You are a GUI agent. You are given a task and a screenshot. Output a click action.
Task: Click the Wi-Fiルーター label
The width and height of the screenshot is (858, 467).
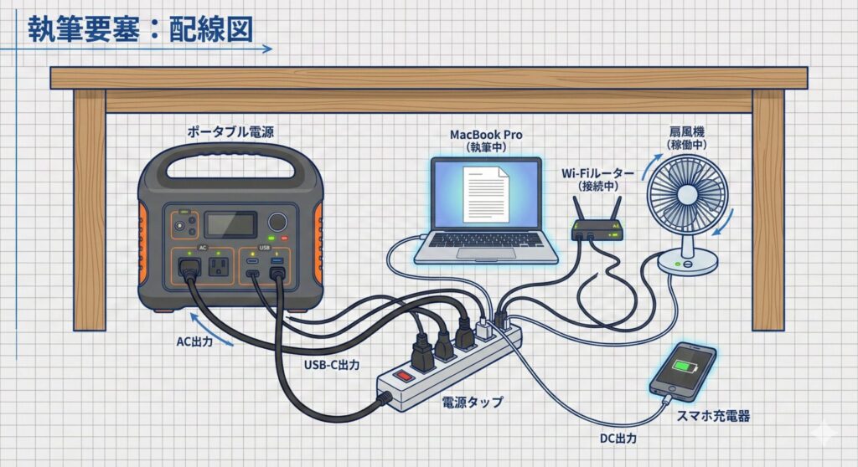(593, 173)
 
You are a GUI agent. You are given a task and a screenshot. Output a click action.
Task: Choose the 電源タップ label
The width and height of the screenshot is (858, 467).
(473, 403)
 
